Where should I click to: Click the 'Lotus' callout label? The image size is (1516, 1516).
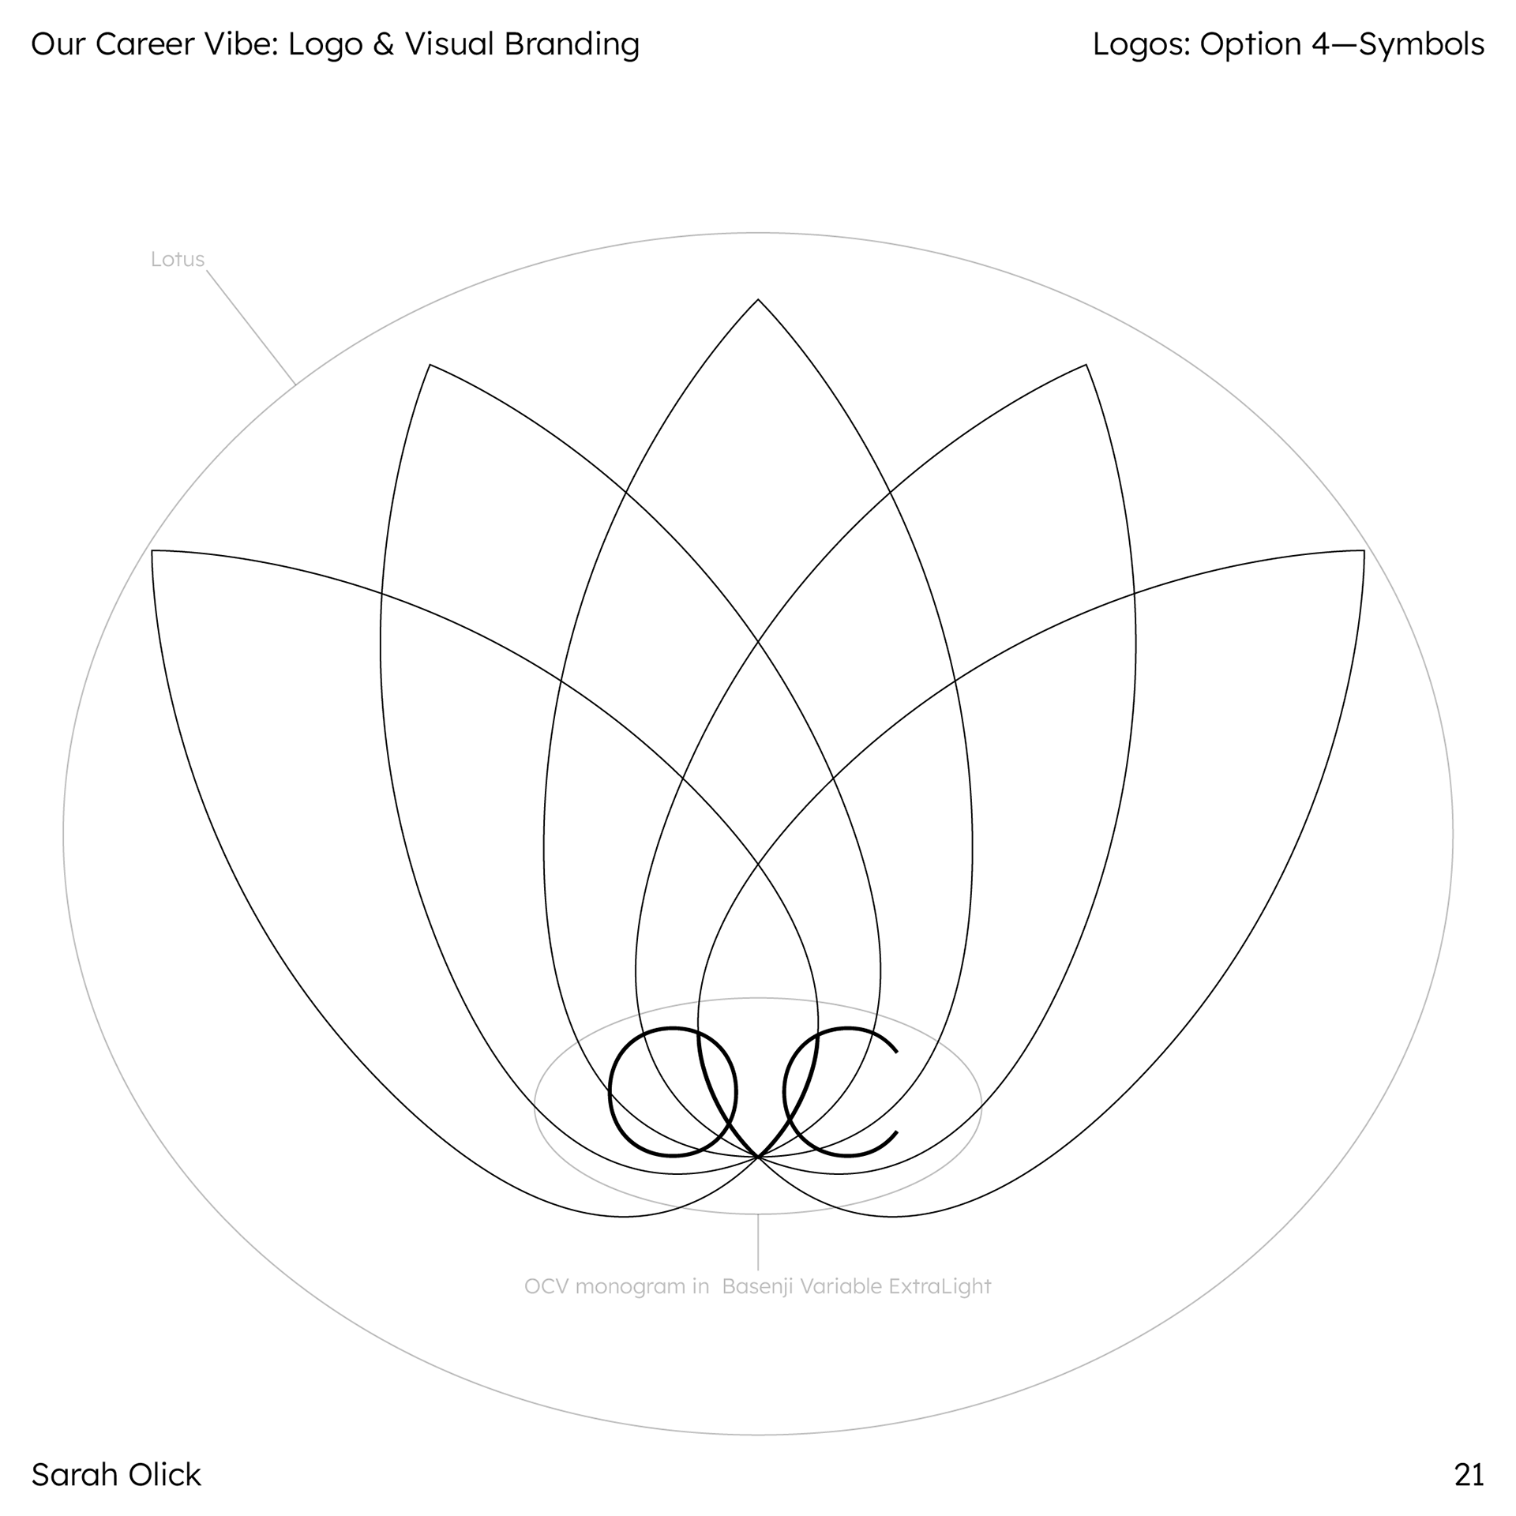pos(177,259)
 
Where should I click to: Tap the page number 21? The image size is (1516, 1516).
pos(1469,1474)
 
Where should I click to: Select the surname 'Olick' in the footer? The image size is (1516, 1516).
pos(167,1474)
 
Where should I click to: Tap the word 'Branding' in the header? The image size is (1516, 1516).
pos(572,44)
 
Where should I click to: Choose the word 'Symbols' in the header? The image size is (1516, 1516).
pos(1421,44)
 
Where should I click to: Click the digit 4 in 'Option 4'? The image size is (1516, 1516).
pos(1321,44)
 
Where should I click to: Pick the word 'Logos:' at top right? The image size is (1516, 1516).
pos(1141,44)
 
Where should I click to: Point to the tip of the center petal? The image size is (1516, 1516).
pos(758,301)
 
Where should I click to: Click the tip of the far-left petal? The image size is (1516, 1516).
pos(152,551)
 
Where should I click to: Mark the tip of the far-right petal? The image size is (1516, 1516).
pos(1364,551)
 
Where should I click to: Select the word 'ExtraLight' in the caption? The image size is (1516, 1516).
pos(940,1286)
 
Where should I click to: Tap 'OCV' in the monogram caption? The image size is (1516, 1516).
pos(546,1286)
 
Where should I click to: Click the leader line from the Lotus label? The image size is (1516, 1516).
pos(251,328)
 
